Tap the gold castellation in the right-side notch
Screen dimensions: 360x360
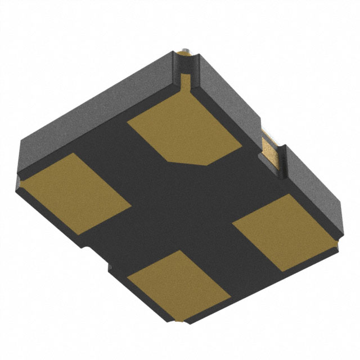point(272,149)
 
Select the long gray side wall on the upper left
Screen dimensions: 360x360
point(90,112)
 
